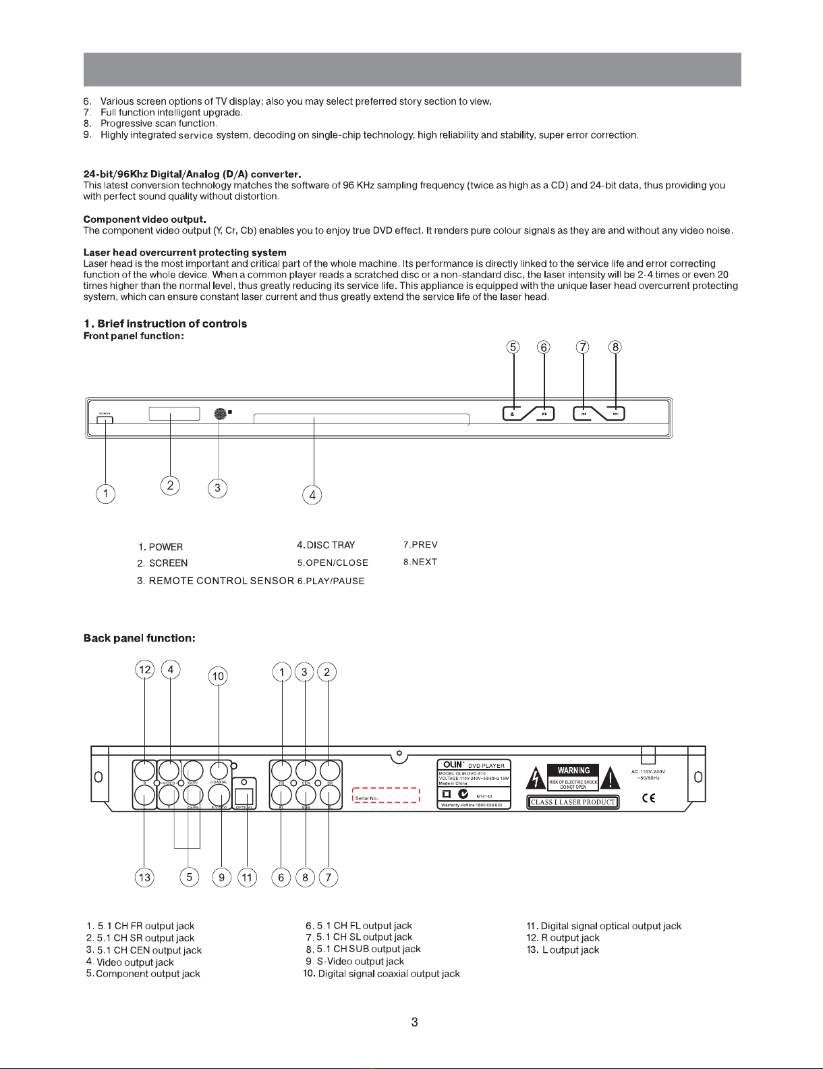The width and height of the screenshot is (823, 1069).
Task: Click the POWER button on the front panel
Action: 105,420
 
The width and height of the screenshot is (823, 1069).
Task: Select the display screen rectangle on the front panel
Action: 174,414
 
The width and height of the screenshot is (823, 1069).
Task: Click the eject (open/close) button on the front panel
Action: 513,413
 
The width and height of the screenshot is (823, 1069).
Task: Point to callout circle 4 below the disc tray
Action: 312,495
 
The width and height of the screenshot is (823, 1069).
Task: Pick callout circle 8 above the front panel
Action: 615,347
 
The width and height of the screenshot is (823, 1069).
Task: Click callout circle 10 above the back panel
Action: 218,676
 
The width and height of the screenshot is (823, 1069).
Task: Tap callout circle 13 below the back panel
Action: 144,877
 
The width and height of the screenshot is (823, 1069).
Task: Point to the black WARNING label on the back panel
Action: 573,771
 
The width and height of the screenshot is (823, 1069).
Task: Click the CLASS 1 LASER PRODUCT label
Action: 573,802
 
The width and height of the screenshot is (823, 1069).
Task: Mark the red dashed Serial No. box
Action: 386,795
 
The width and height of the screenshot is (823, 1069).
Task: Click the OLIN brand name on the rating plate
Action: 453,764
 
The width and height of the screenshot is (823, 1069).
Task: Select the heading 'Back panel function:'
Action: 140,638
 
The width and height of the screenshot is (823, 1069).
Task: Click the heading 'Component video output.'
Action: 144,219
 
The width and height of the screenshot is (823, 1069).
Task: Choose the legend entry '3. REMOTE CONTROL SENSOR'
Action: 215,581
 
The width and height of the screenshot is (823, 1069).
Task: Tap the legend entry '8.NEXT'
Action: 420,562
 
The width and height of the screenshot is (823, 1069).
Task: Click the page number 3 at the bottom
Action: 414,1022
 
